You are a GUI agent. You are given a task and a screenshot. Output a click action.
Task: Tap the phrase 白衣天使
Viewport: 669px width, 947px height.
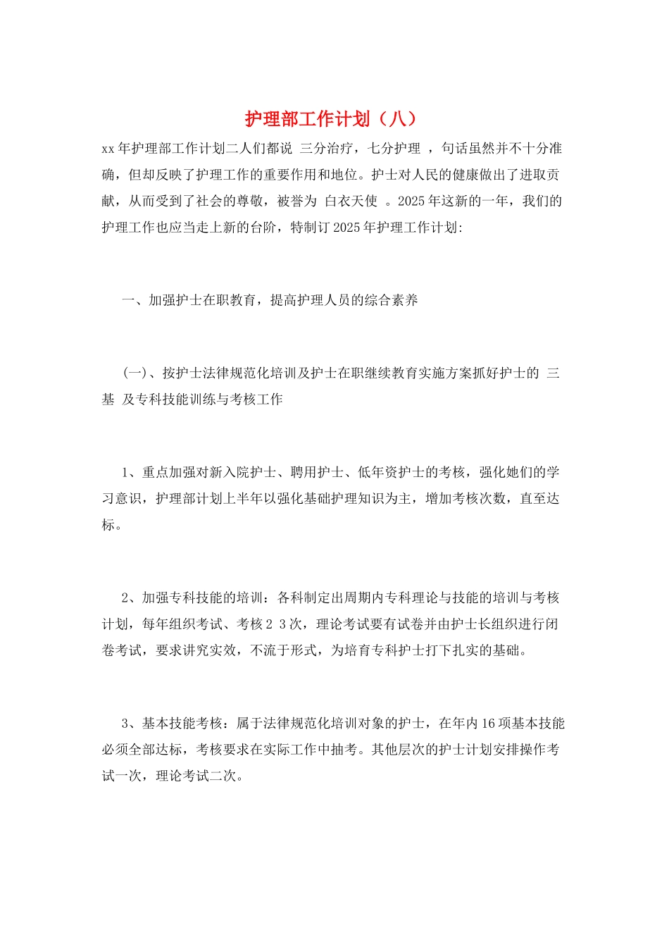tap(351, 202)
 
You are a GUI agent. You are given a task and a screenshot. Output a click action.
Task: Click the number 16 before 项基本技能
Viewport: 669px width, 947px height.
tap(489, 724)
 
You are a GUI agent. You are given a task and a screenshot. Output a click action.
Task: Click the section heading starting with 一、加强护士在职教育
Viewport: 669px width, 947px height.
tap(270, 301)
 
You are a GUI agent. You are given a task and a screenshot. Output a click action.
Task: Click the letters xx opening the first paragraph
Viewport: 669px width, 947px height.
tap(108, 149)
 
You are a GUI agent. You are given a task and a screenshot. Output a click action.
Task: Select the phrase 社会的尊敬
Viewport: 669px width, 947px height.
tap(230, 202)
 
